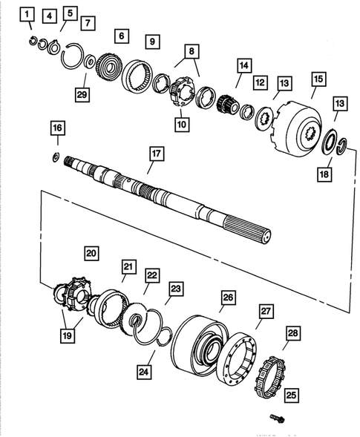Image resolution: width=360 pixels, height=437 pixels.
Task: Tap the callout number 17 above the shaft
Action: [155, 154]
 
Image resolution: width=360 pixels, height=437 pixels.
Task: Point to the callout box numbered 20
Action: [91, 253]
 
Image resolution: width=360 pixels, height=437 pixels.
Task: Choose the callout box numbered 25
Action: [292, 395]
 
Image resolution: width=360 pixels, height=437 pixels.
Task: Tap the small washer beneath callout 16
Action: [56, 157]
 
